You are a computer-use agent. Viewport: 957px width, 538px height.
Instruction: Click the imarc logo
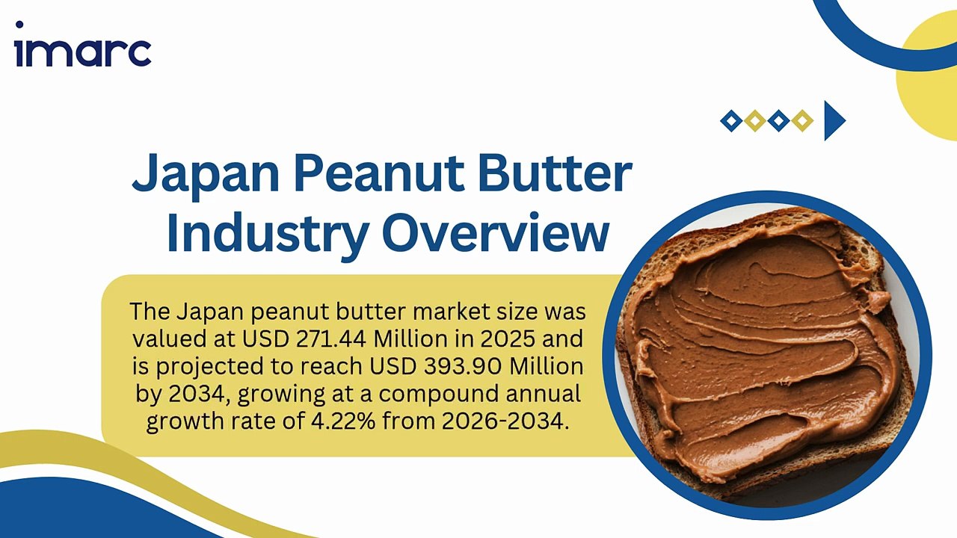coord(83,44)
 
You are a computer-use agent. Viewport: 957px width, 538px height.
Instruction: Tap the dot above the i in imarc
coord(19,25)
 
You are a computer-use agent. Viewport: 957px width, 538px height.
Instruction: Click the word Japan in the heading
coord(206,174)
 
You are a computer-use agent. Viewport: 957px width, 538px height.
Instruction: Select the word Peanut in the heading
coord(379,173)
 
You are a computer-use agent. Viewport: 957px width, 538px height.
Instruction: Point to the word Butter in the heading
coord(555,173)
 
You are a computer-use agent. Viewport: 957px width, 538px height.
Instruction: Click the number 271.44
coord(331,339)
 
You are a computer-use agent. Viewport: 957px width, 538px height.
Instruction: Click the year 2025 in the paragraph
coord(508,339)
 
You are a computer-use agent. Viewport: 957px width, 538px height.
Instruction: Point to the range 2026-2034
coord(505,421)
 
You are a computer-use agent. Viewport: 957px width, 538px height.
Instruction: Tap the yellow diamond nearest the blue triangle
coord(802,120)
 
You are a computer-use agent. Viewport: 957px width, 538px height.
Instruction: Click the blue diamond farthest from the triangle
coord(731,120)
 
